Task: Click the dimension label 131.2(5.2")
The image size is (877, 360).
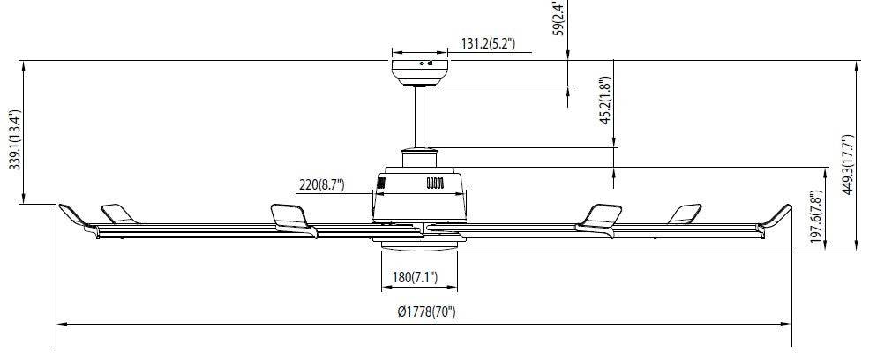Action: (x=488, y=43)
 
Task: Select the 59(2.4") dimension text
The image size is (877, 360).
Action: (x=559, y=18)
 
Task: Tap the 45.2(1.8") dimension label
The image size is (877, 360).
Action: (x=605, y=101)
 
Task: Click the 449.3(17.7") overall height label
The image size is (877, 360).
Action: (x=848, y=165)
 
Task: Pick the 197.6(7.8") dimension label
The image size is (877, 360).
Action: (x=817, y=217)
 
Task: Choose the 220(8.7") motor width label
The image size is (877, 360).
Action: (x=322, y=184)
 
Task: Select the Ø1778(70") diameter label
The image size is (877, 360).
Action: (x=427, y=312)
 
